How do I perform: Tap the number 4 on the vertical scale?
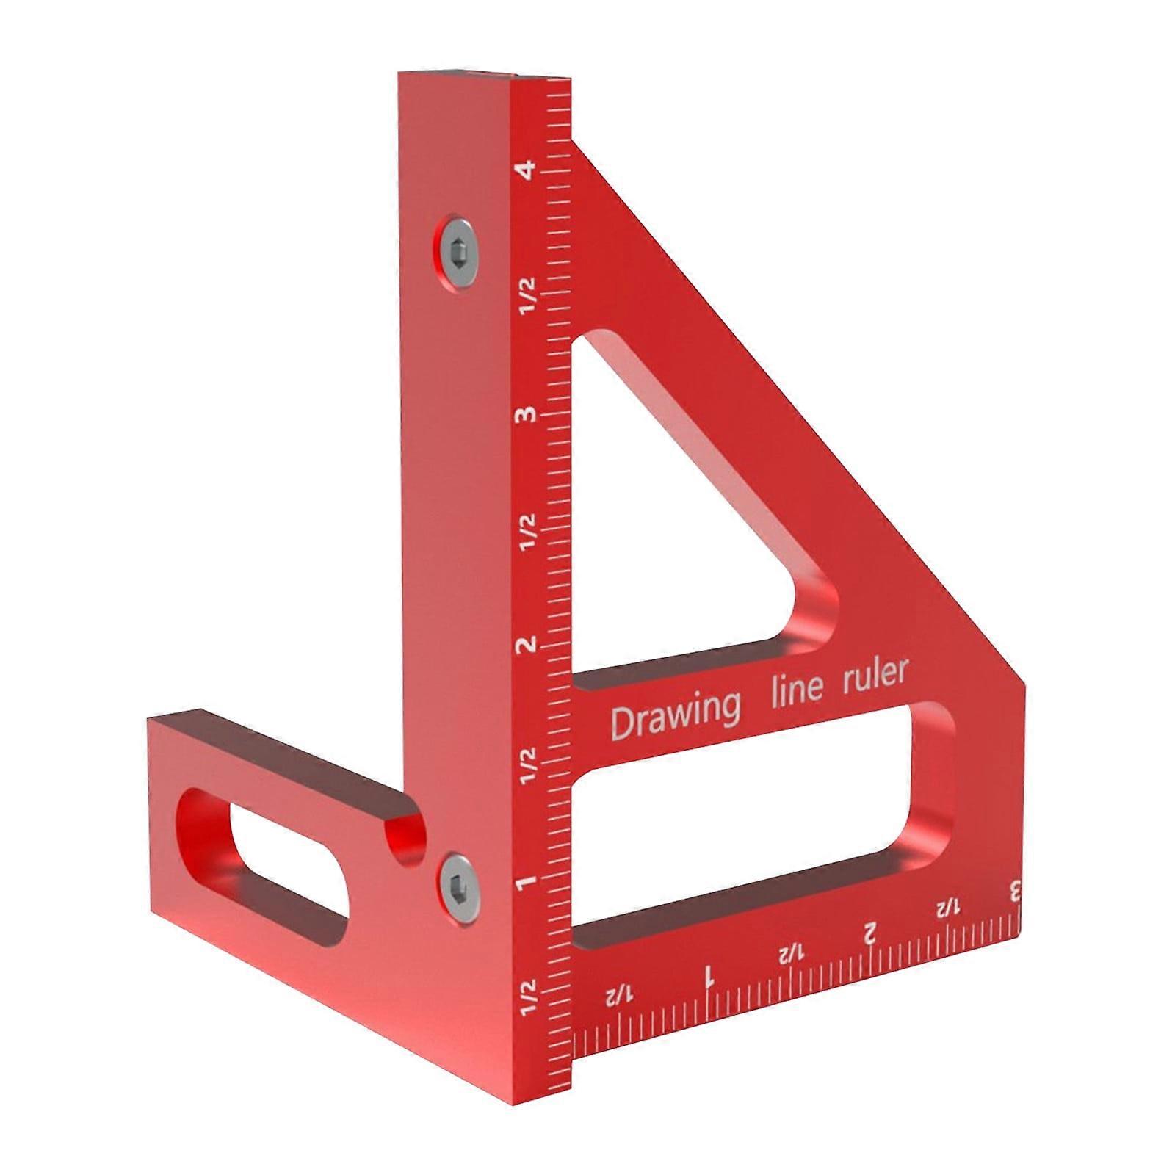coord(525,170)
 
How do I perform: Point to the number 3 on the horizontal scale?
coord(1016,892)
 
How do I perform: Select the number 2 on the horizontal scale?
coord(869,935)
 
